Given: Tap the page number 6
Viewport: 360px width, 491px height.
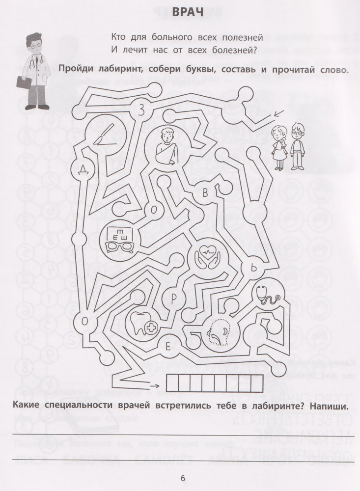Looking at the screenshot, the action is click(183, 478).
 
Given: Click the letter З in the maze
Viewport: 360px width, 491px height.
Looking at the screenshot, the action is click(141, 110).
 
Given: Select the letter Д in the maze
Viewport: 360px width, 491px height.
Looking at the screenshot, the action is click(83, 169).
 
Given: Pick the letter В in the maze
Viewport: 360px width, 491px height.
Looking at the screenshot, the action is click(205, 193).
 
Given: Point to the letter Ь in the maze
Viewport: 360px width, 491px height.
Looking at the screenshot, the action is click(254, 268).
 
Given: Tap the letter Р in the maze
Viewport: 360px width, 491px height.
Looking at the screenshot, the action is click(174, 299).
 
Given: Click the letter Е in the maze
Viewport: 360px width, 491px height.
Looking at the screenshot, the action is click(167, 347).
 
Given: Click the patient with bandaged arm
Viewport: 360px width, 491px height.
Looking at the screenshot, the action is click(165, 147).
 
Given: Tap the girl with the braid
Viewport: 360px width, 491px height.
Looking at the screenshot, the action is click(278, 147).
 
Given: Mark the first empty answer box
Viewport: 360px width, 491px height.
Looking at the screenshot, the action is click(172, 383).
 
